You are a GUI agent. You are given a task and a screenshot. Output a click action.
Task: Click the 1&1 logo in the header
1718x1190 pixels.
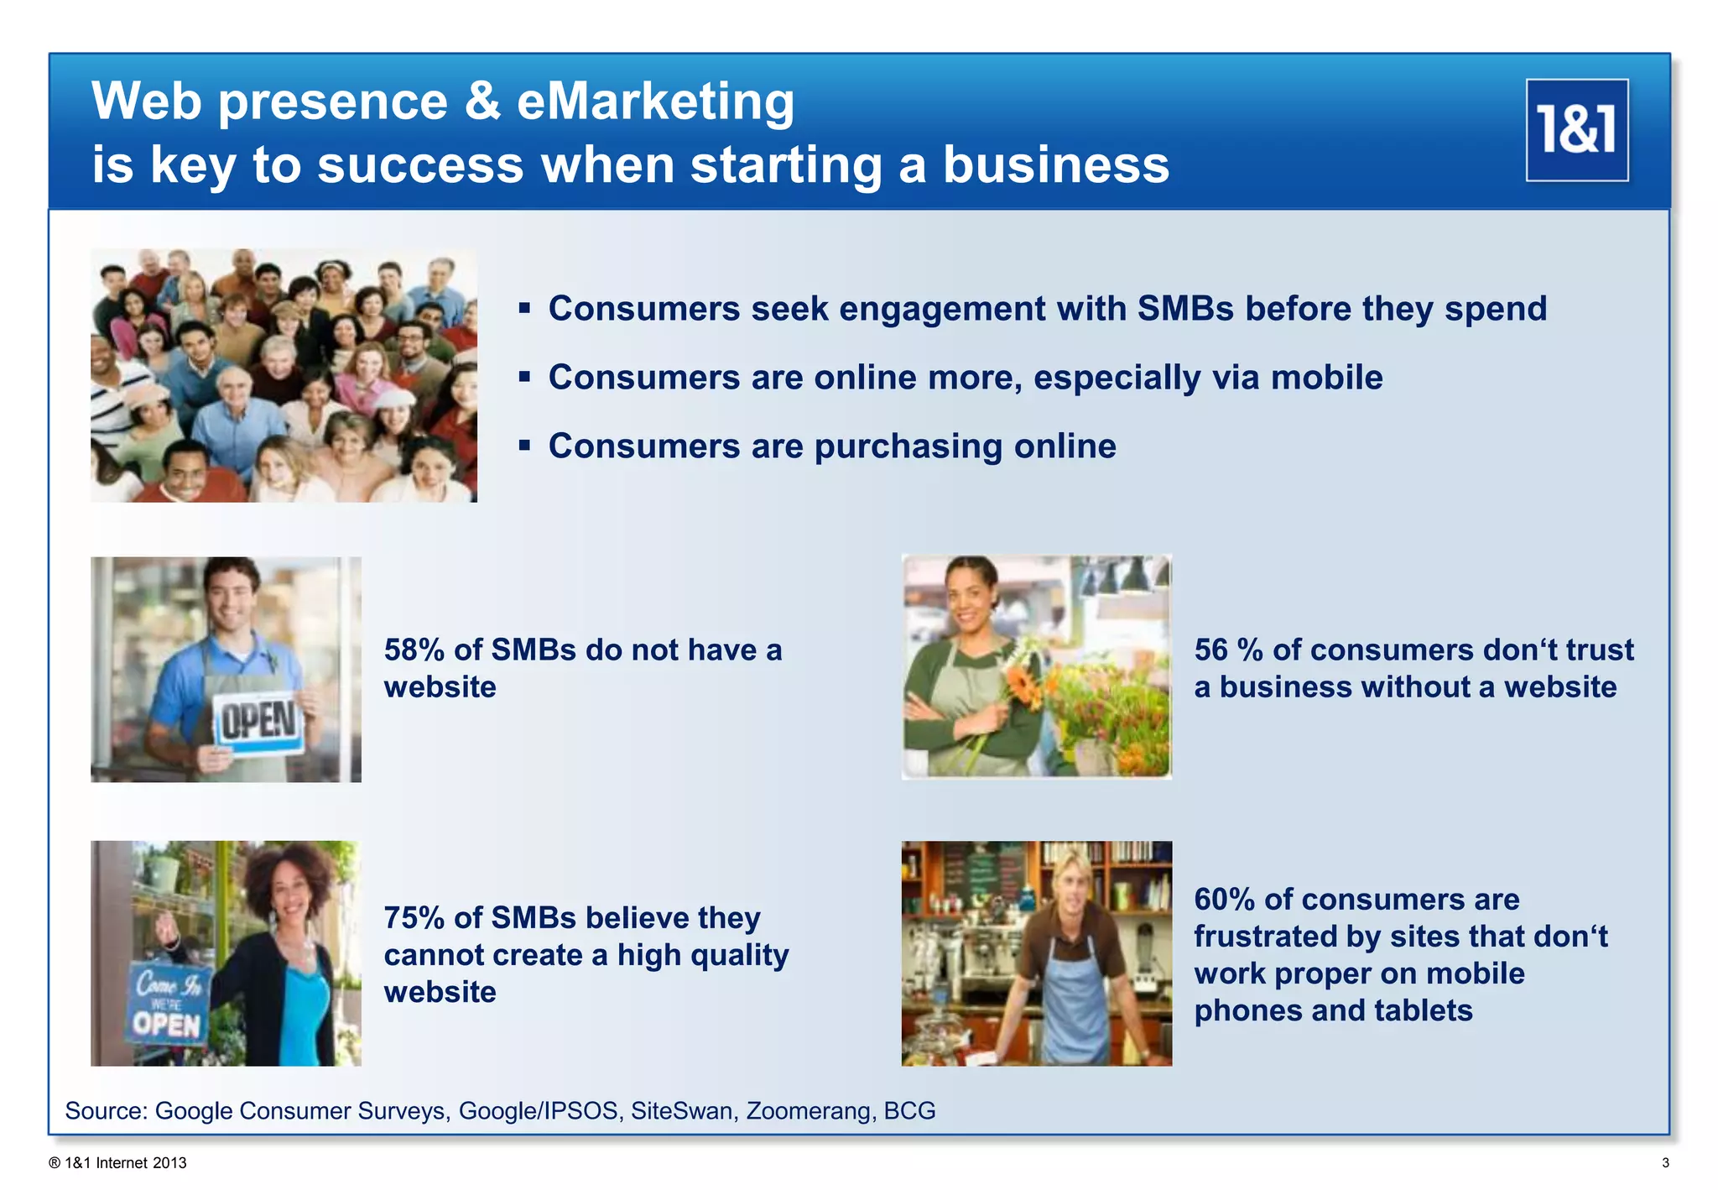click(1576, 130)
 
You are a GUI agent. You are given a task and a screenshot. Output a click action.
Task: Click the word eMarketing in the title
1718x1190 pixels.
click(655, 102)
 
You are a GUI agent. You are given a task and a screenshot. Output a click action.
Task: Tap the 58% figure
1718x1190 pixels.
click(414, 650)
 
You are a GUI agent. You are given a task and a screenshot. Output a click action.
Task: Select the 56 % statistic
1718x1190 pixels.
click(1228, 650)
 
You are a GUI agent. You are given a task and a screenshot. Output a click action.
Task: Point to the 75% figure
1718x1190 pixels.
click(414, 918)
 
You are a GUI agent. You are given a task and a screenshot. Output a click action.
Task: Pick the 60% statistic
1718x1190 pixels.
click(1224, 900)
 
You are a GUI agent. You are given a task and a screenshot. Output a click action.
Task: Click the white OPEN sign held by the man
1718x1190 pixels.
click(259, 723)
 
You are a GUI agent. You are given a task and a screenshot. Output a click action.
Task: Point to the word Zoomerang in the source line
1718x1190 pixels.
click(810, 1110)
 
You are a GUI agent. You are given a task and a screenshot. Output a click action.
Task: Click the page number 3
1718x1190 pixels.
click(1665, 1163)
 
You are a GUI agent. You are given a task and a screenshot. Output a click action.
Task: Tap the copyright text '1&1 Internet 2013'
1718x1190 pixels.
click(125, 1163)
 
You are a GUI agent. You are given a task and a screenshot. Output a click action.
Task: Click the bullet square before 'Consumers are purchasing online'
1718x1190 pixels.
click(524, 445)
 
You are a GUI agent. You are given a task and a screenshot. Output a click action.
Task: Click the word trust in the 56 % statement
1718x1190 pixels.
click(1600, 650)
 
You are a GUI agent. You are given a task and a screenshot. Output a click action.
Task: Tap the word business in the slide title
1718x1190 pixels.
click(1055, 164)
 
